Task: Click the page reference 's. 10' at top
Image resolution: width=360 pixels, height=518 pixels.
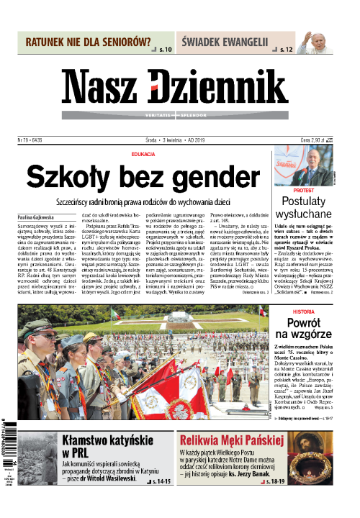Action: click(x=162, y=50)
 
